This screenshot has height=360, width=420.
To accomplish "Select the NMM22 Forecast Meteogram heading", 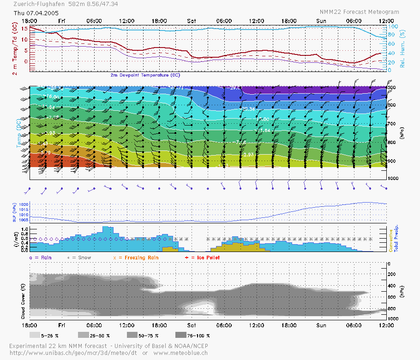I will coord(359,12).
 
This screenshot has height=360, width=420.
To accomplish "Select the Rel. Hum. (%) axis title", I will coord(402,48).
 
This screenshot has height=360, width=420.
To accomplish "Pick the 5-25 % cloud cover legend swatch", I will coord(35,335).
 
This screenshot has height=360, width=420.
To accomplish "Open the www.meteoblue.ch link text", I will coord(181,353).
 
